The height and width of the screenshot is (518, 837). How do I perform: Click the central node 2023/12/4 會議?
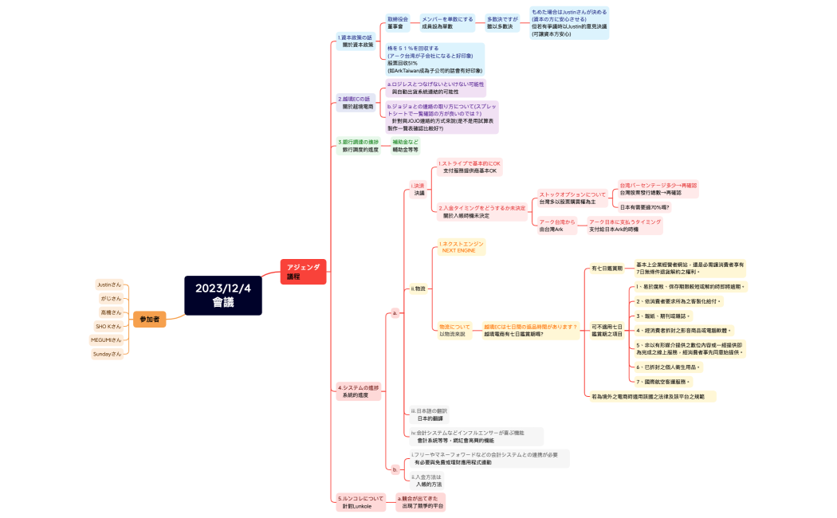pos(223,295)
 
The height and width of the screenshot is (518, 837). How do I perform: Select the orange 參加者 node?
pos(149,319)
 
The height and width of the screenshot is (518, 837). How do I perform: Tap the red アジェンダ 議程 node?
pos(303,272)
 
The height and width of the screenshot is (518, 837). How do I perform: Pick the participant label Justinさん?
pos(109,285)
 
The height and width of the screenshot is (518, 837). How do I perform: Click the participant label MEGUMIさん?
pos(107,339)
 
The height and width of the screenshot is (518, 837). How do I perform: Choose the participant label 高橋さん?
pos(111,312)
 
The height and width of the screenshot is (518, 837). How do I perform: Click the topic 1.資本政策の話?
pos(356,41)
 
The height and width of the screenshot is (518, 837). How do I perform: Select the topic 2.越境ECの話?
pos(356,102)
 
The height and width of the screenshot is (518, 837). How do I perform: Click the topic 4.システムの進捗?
pos(358,390)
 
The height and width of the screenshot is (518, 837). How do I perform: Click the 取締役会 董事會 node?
pos(398,22)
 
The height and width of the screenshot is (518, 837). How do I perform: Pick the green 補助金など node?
pos(405,145)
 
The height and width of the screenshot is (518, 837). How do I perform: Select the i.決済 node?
pos(418,189)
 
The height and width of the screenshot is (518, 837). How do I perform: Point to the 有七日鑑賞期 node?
pos(607,269)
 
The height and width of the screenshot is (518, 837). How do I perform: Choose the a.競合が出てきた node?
pos(420,501)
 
